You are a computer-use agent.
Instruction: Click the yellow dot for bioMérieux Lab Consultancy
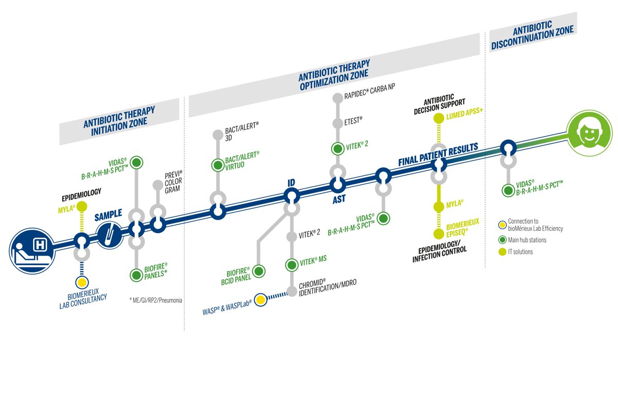pyautogui.click(x=81, y=282)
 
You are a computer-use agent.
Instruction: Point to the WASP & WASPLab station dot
pyautogui.click(x=261, y=299)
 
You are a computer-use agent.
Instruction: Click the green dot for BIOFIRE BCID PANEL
pyautogui.click(x=259, y=271)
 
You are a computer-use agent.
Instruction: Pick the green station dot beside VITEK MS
pyautogui.click(x=291, y=264)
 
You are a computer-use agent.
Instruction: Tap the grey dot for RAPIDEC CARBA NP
pyautogui.click(x=337, y=97)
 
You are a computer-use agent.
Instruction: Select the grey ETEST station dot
pyautogui.click(x=337, y=123)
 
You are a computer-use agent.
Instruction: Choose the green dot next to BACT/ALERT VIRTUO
pyautogui.click(x=217, y=165)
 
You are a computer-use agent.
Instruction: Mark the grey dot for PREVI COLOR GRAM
pyautogui.click(x=158, y=185)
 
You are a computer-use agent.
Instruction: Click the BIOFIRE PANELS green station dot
pyautogui.click(x=136, y=275)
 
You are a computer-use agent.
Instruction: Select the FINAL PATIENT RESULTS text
pyautogui.click(x=438, y=154)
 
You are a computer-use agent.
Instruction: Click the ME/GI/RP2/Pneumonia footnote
pyautogui.click(x=156, y=299)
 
